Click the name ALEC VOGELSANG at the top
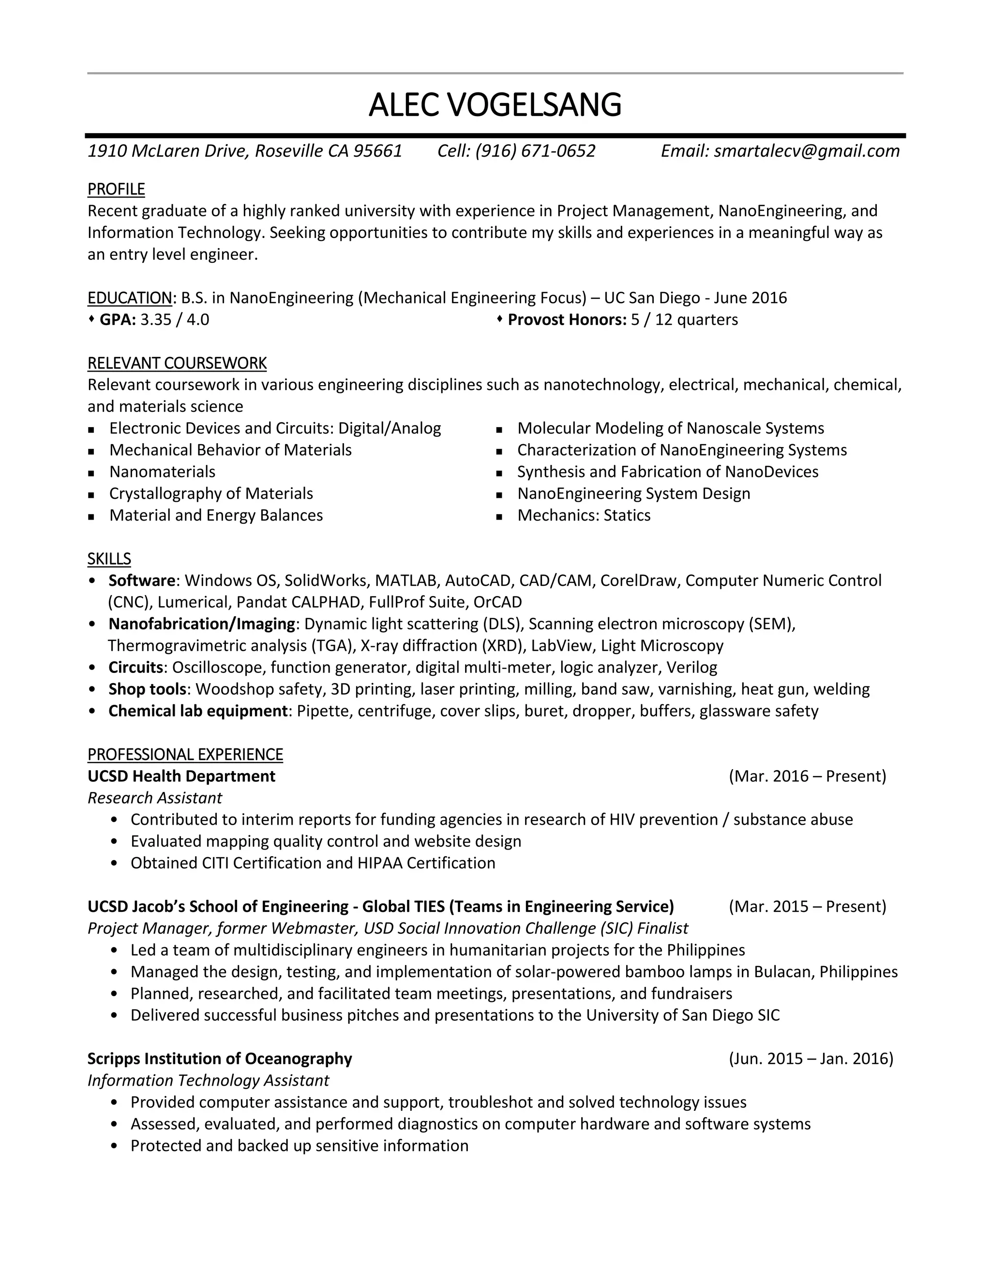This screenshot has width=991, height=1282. pyautogui.click(x=495, y=105)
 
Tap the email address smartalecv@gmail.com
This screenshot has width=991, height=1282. pyautogui.click(x=806, y=151)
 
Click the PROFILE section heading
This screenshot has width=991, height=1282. pyautogui.click(x=116, y=189)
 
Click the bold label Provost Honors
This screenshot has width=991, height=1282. pyautogui.click(x=567, y=320)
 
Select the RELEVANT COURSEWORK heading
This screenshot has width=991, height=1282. pyautogui.click(x=177, y=363)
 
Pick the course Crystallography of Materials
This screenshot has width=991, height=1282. pyautogui.click(x=211, y=493)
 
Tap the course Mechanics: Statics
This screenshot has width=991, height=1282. pyautogui.click(x=584, y=515)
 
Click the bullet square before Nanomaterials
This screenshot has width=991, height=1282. pyautogui.click(x=91, y=473)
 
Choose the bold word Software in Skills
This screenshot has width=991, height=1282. pyautogui.click(x=141, y=581)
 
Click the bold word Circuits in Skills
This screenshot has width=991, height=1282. pyautogui.click(x=135, y=668)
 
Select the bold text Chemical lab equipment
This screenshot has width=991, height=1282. pyautogui.click(x=198, y=711)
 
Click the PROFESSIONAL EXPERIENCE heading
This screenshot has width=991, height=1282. pyautogui.click(x=185, y=754)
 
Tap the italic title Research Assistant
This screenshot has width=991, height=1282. pyautogui.click(x=154, y=798)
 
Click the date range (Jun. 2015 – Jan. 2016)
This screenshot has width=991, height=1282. pyautogui.click(x=811, y=1058)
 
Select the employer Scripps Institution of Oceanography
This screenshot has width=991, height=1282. pyautogui.click(x=220, y=1058)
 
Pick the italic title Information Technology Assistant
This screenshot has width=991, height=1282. pyautogui.click(x=208, y=1080)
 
